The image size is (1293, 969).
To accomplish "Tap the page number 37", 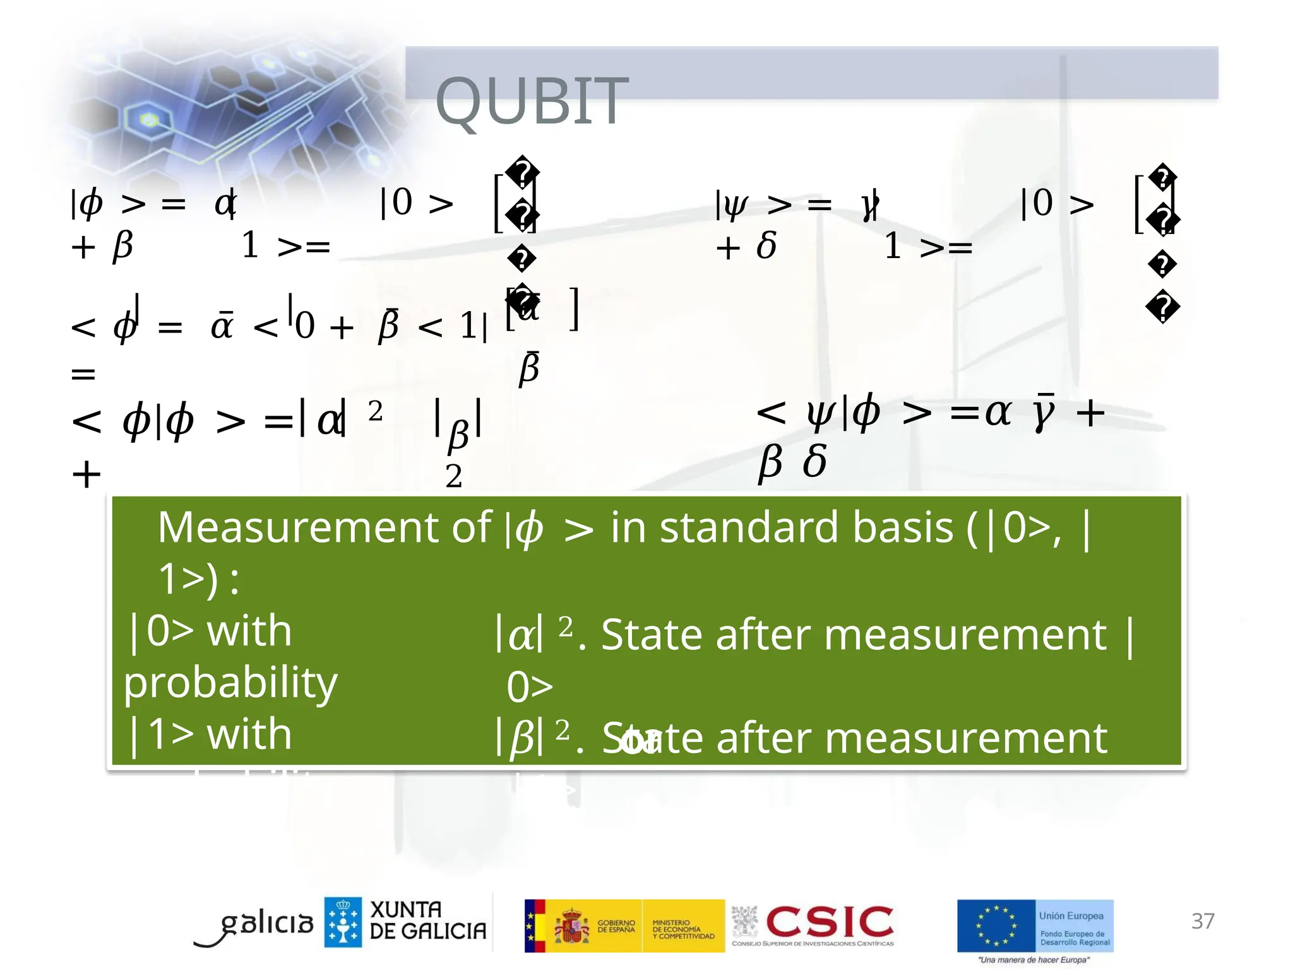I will point(1202,921).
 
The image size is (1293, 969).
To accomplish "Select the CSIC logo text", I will point(829,922).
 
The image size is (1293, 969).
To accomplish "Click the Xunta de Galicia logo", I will point(405,922).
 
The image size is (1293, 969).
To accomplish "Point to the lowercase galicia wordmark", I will point(265,924).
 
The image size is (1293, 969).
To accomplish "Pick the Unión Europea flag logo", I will point(996,925).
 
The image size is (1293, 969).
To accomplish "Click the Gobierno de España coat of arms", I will point(571,925).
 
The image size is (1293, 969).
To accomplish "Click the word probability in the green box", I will point(230,683).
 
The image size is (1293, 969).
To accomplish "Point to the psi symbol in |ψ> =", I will point(736,205).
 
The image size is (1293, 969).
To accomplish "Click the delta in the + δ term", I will point(766,245).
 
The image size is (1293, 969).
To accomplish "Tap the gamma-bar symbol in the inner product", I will point(1045,413).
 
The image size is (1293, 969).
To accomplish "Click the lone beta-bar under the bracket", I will point(529,367).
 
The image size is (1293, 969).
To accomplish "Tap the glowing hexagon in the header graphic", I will point(149,119).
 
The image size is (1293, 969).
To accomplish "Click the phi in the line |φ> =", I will point(92,204).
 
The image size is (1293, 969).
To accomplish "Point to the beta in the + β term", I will point(122,245).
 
